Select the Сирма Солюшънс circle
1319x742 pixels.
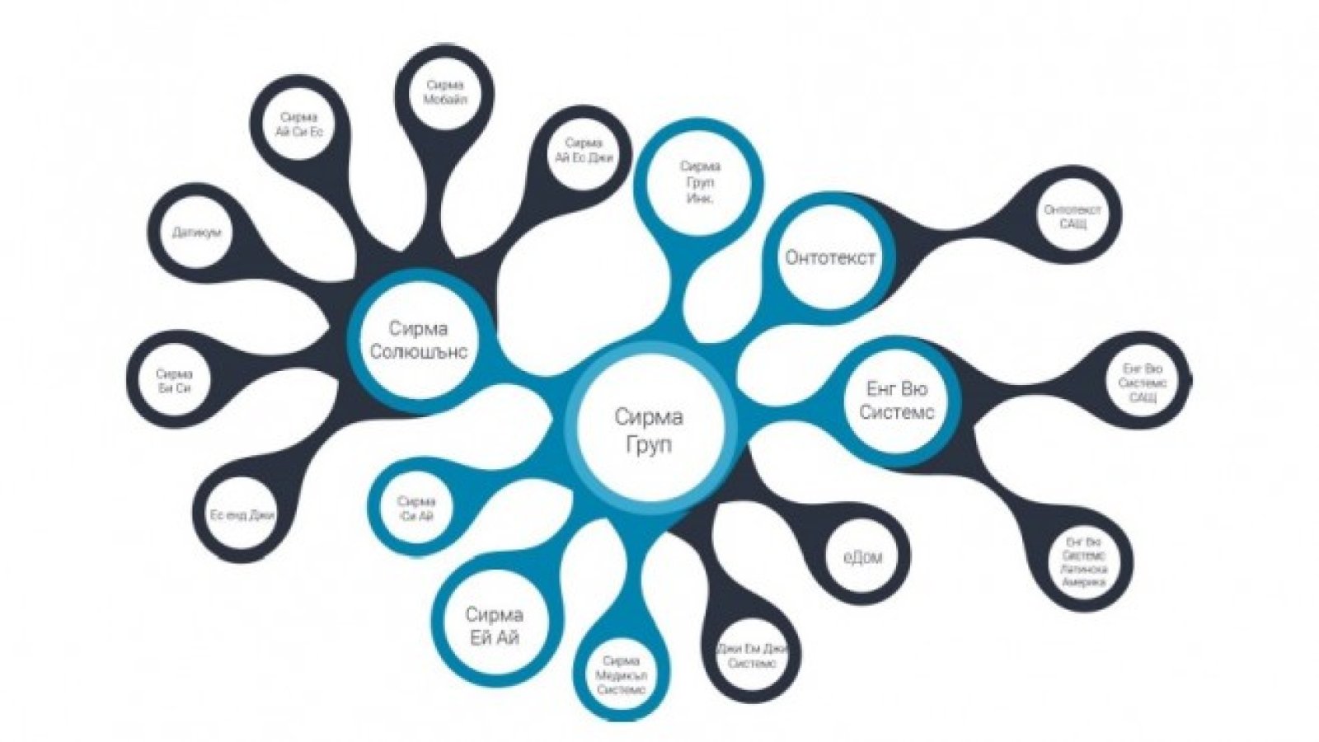pos(419,340)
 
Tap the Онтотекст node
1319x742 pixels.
pos(829,256)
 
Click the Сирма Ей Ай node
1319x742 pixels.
pos(494,626)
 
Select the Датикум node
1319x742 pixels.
pos(197,232)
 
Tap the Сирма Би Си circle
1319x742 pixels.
pos(174,380)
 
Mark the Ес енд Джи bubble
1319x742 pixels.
pos(241,515)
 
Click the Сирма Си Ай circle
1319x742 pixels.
pos(415,509)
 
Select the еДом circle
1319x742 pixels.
pos(862,557)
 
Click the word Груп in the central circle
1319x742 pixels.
pos(649,444)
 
